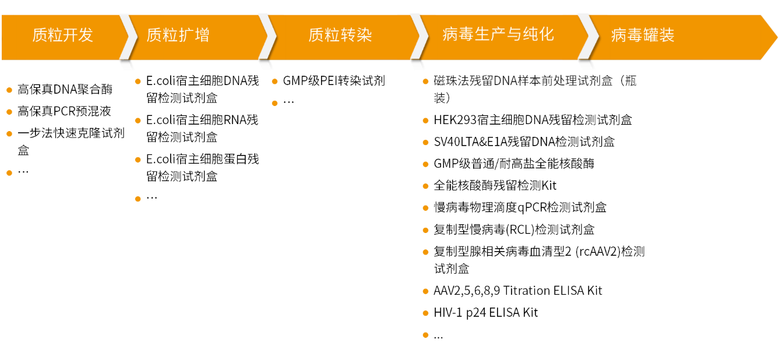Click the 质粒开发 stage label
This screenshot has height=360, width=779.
pos(62,35)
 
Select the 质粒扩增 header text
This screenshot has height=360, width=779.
pos(178,35)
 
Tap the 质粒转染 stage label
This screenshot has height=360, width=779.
pos(340,35)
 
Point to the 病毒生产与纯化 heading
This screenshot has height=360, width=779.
pos(498,34)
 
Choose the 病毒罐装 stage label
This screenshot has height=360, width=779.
pos(643,35)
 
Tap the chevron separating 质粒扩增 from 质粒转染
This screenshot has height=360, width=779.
pos(267,37)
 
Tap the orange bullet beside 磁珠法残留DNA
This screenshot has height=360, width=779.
pos(425,82)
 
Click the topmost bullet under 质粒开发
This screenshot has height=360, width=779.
pos(9,90)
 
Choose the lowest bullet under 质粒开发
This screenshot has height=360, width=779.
pos(9,173)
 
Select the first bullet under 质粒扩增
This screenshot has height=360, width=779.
pos(138,82)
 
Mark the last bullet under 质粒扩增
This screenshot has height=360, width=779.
pos(138,199)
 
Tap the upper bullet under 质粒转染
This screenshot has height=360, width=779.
pos(274,82)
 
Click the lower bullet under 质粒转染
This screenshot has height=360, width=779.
pos(274,103)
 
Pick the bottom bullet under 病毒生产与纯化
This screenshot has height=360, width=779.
pos(425,335)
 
